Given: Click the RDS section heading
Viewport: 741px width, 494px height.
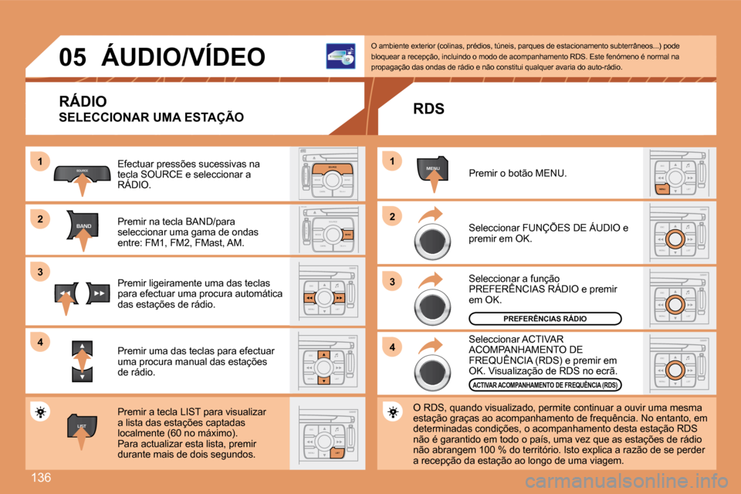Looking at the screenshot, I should pyautogui.click(x=428, y=109).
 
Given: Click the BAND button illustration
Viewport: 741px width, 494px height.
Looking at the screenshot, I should pyautogui.click(x=83, y=225).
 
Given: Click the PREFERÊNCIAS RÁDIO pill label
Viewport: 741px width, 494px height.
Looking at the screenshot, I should pyautogui.click(x=545, y=318).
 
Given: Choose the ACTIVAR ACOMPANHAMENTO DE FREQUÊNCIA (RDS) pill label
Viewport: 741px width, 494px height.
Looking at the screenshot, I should pyautogui.click(x=545, y=384).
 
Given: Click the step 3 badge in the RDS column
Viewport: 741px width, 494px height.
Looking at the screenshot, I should pyautogui.click(x=391, y=283).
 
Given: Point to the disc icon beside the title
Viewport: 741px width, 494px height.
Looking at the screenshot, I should pyautogui.click(x=340, y=57).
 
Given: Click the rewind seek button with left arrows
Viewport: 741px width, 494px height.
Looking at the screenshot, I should pyautogui.click(x=65, y=294).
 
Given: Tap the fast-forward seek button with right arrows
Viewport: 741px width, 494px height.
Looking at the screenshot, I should pyautogui.click(x=100, y=294).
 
